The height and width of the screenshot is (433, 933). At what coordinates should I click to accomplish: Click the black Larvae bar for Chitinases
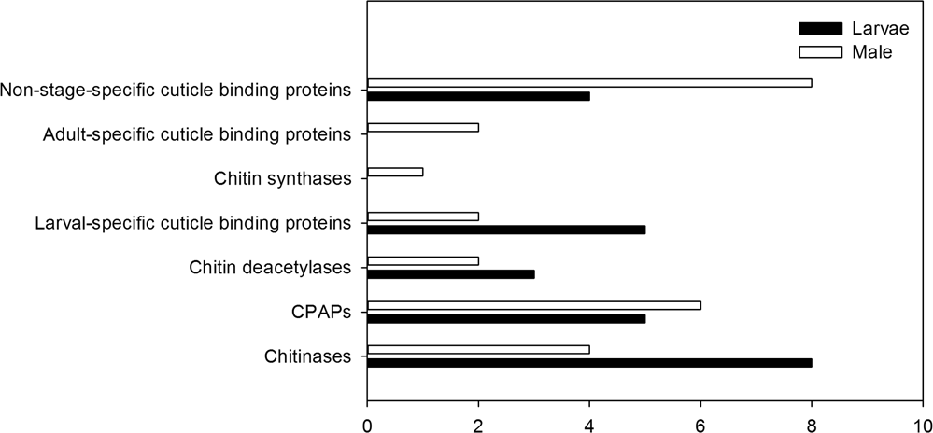(x=589, y=363)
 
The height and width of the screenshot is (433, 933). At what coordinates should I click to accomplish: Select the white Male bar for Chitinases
(x=478, y=350)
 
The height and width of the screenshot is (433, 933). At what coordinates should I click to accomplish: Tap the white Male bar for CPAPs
(x=534, y=305)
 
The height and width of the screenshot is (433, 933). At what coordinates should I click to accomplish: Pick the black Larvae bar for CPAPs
(x=506, y=318)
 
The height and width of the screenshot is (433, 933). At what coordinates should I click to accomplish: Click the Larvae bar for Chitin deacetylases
(x=451, y=274)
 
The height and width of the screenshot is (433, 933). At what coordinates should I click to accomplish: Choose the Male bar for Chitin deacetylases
(x=423, y=261)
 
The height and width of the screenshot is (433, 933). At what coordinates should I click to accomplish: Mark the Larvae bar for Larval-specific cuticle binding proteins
(x=506, y=230)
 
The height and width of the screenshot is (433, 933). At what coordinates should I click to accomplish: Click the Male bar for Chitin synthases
(x=395, y=172)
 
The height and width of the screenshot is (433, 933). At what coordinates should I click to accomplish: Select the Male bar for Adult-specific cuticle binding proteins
(x=423, y=127)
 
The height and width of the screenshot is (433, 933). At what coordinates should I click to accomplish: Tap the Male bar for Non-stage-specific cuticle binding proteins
(x=589, y=82)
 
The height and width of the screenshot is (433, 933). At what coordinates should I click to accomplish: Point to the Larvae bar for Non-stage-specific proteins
(x=478, y=95)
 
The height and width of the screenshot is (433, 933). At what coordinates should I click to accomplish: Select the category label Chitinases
(x=308, y=356)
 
